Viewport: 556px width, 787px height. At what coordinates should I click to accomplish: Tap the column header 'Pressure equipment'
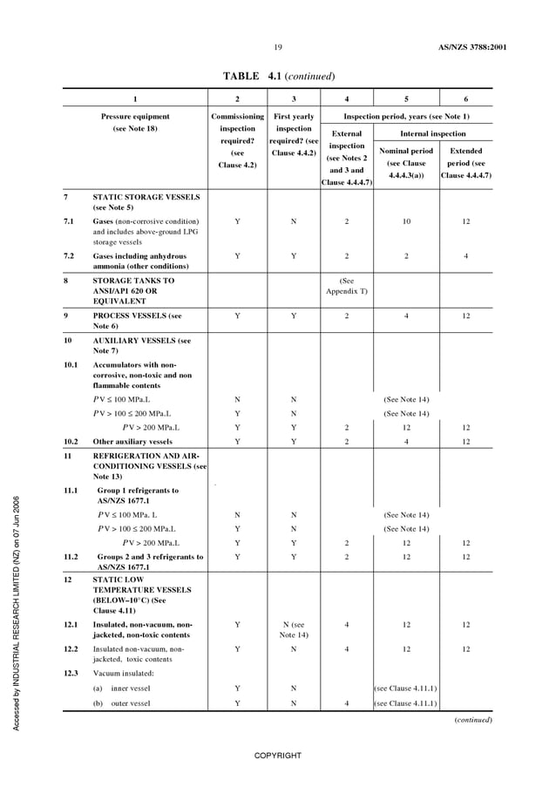(x=135, y=116)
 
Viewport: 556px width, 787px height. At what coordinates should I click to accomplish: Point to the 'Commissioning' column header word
(x=237, y=116)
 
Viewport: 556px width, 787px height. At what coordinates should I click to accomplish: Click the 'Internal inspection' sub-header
(x=432, y=134)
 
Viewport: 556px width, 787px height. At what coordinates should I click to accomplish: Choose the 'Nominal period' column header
(x=406, y=151)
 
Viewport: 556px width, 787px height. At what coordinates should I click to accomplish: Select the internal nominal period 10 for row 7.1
(x=406, y=221)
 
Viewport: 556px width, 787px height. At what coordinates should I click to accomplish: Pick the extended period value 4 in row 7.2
(x=465, y=256)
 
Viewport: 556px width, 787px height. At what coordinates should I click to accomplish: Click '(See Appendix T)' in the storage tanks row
(x=347, y=286)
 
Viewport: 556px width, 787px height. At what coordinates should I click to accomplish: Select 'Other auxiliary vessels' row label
(x=132, y=441)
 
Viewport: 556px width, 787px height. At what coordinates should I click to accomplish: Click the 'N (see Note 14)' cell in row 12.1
(x=293, y=629)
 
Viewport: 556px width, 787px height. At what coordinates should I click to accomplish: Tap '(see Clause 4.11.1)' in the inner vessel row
(x=406, y=689)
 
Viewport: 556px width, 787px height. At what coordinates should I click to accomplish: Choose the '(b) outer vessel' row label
(x=127, y=703)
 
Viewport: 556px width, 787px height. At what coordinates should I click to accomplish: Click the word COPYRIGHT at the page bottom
(x=277, y=755)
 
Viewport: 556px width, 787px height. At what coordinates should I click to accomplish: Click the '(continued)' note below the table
(x=473, y=720)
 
